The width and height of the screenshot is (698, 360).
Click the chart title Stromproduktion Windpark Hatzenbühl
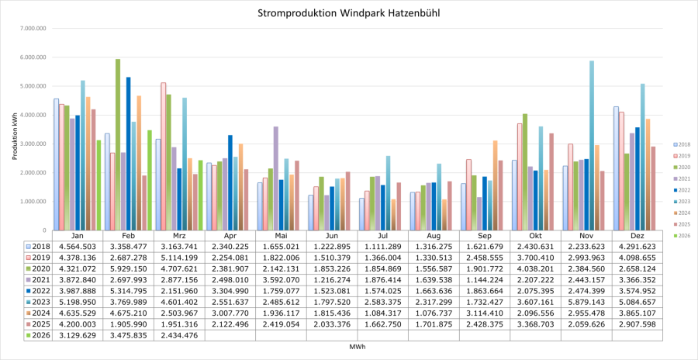(348, 13)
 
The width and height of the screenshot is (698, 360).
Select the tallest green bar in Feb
(118, 144)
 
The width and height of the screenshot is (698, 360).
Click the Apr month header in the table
(230, 234)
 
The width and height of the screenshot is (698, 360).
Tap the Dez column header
(638, 234)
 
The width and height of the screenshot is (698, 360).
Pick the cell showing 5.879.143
(586, 302)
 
